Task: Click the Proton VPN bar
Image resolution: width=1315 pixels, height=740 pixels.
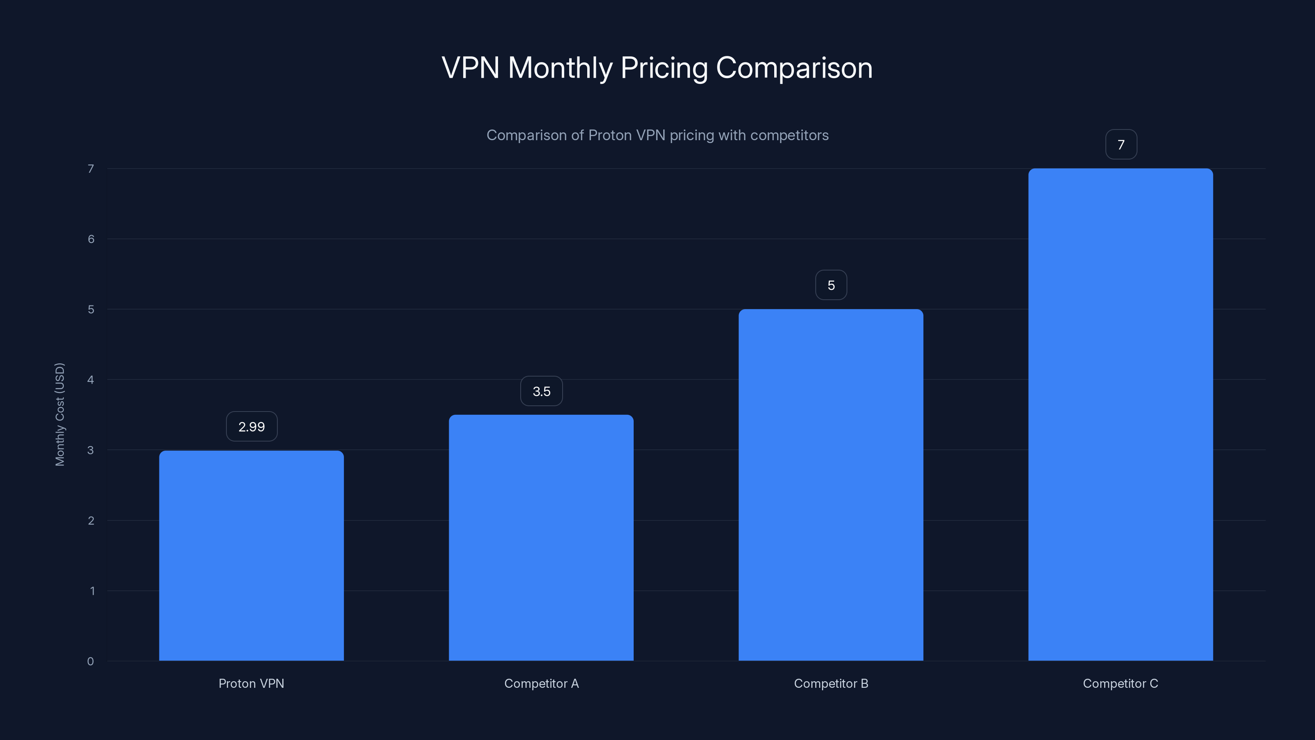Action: [x=251, y=556]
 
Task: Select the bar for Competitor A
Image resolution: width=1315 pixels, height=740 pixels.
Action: [x=541, y=538]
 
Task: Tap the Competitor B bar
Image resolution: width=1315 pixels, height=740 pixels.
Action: [x=831, y=485]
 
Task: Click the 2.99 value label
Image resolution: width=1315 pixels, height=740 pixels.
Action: [x=251, y=426]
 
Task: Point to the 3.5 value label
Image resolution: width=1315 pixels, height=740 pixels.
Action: [x=541, y=391]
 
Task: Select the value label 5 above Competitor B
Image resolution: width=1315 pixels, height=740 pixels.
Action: [x=831, y=285]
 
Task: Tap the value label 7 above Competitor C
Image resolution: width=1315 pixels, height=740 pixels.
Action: [x=1121, y=145]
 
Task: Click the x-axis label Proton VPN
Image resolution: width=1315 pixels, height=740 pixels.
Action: [x=251, y=683]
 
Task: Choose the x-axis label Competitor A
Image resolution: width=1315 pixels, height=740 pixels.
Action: [x=541, y=683]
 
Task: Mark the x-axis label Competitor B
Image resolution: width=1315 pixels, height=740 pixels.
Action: [x=831, y=683]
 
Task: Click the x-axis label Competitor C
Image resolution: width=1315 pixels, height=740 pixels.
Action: [x=1121, y=683]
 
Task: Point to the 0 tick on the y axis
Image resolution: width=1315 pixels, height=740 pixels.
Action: [x=90, y=661]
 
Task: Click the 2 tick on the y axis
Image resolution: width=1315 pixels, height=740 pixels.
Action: [x=91, y=520]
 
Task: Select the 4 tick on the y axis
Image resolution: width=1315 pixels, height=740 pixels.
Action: [x=90, y=379]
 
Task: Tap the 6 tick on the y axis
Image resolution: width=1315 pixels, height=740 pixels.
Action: [x=91, y=239]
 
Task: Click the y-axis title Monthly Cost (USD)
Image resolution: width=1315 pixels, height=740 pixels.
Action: [x=60, y=414]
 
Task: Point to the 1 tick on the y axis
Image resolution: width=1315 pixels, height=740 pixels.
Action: [x=92, y=591]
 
